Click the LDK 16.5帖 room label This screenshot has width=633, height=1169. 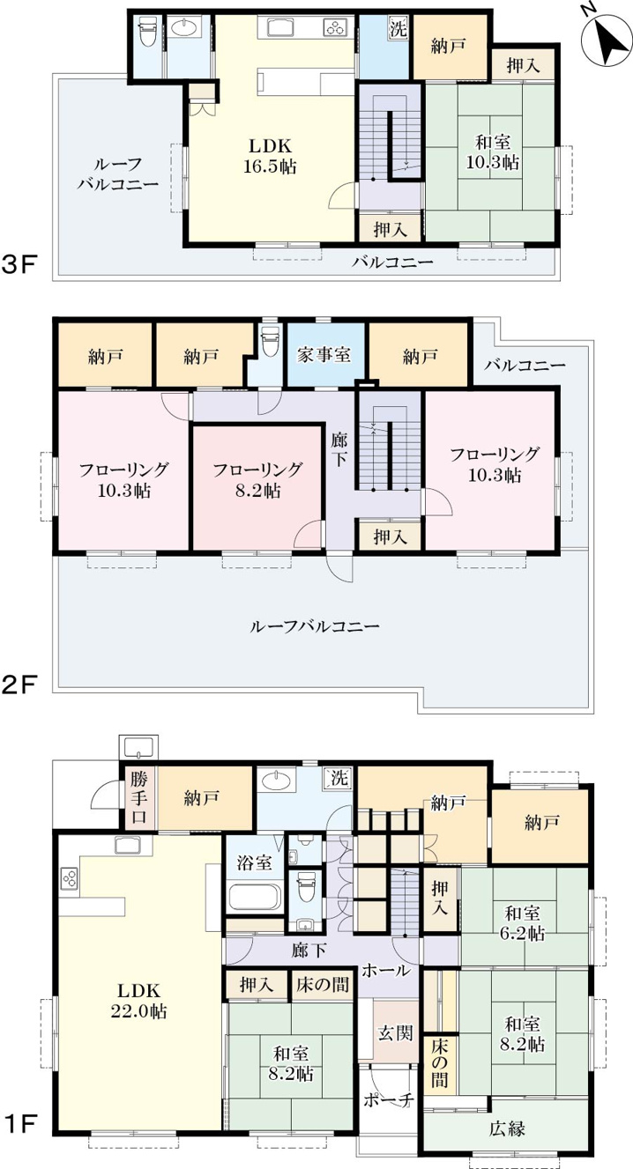click(270, 156)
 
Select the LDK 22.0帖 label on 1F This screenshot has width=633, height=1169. click(138, 1001)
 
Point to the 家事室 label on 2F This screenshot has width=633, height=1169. click(324, 355)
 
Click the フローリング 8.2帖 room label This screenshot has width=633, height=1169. click(257, 480)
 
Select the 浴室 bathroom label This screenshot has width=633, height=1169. click(255, 862)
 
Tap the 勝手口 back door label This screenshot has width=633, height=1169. click(139, 797)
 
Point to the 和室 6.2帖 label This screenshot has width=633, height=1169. click(522, 923)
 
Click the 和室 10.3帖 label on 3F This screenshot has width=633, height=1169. click(493, 152)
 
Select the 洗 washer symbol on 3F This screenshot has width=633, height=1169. click(398, 28)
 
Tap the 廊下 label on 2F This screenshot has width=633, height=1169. click(339, 450)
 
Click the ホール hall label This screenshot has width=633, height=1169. click(386, 971)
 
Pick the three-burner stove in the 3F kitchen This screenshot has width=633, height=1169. click(335, 27)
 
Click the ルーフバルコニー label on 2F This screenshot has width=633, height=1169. click(315, 626)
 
